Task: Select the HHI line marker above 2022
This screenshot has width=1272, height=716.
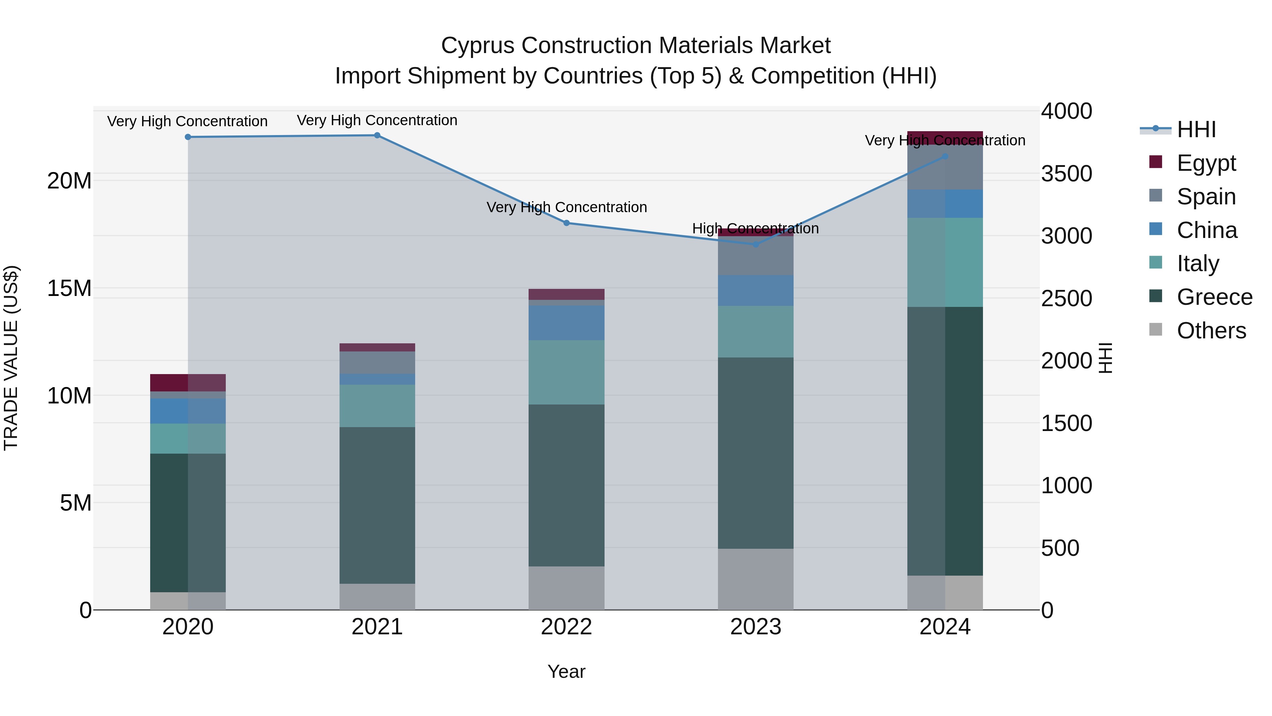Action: click(x=566, y=223)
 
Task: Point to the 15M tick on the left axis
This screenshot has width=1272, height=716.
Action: click(x=69, y=288)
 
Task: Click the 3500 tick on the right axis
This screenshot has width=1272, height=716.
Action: click(x=1067, y=174)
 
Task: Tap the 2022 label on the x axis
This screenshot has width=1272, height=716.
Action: click(x=566, y=627)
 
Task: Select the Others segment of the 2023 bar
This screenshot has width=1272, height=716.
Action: click(x=755, y=579)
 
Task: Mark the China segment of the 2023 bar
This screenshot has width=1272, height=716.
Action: click(x=755, y=291)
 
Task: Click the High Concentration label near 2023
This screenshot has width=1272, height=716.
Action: click(x=755, y=229)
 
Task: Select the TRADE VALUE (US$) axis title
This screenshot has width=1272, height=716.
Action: click(x=11, y=358)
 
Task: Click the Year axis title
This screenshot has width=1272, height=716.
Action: click(x=566, y=671)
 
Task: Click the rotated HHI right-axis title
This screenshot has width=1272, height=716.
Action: click(x=1105, y=358)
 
